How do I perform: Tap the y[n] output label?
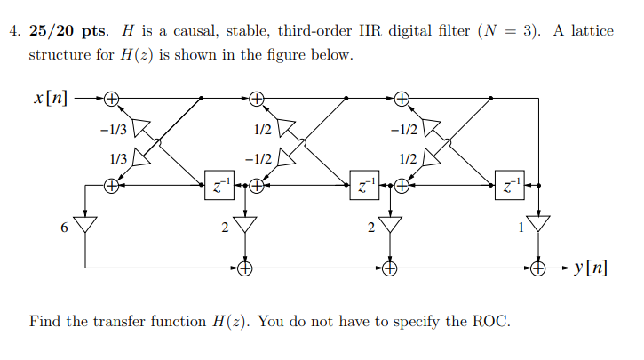(591, 267)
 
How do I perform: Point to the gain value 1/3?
(116, 158)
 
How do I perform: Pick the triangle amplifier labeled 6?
(85, 223)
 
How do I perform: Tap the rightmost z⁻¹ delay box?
(509, 187)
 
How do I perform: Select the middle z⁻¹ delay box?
(363, 187)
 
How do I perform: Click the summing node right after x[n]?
(112, 97)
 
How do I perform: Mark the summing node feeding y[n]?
(537, 267)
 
